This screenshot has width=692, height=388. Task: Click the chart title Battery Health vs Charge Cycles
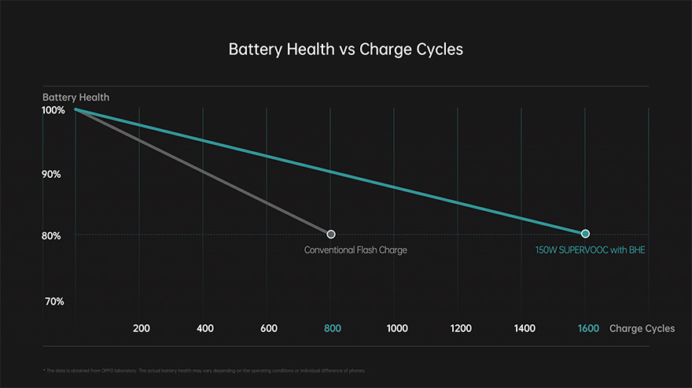pyautogui.click(x=346, y=49)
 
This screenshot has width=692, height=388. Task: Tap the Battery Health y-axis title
pyautogui.click(x=75, y=98)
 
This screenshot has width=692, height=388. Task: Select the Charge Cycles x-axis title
pyautogui.click(x=642, y=328)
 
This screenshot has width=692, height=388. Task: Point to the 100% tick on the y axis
pyautogui.click(x=53, y=111)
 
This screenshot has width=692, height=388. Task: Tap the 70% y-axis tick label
pyautogui.click(x=53, y=301)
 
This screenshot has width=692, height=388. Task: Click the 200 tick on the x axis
pyautogui.click(x=142, y=328)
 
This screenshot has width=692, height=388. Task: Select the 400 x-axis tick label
pyautogui.click(x=205, y=328)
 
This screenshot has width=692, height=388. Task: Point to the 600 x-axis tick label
pyautogui.click(x=268, y=328)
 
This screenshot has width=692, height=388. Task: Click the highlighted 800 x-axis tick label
pyautogui.click(x=332, y=328)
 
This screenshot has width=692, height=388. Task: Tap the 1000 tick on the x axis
pyautogui.click(x=396, y=328)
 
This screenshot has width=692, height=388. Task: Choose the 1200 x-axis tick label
pyautogui.click(x=460, y=328)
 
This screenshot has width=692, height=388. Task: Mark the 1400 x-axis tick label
pyautogui.click(x=524, y=328)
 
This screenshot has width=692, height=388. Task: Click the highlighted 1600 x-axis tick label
pyautogui.click(x=587, y=328)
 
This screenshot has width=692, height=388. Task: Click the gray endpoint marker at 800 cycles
pyautogui.click(x=331, y=234)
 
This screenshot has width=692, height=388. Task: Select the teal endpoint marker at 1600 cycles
pyautogui.click(x=585, y=234)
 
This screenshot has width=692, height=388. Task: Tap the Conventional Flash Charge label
pyautogui.click(x=355, y=250)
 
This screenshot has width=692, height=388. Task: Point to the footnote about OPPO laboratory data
pyautogui.click(x=204, y=370)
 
